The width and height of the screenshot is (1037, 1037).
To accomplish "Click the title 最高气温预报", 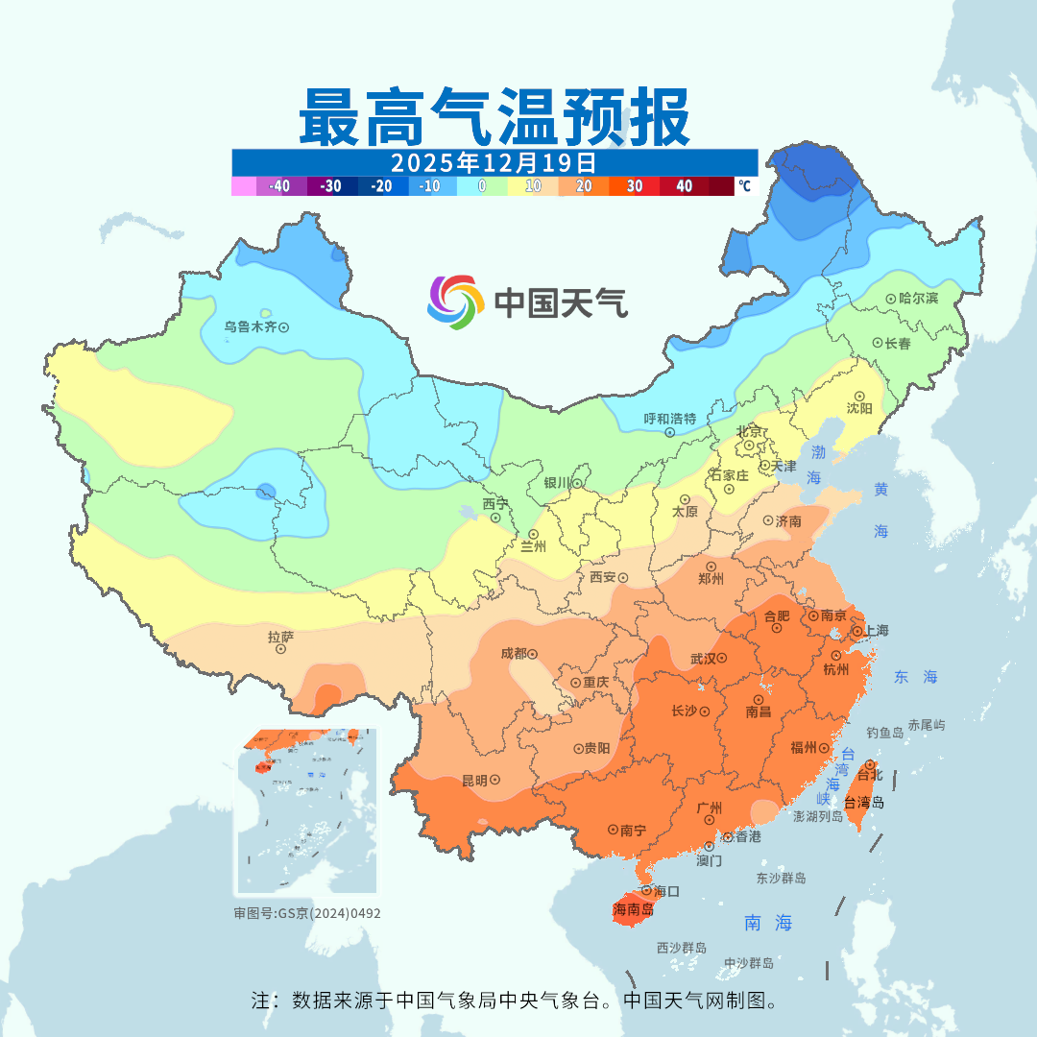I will [x=494, y=117].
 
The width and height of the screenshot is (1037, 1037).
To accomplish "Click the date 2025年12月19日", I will [x=494, y=161].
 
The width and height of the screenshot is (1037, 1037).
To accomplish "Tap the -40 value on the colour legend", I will [x=280, y=186].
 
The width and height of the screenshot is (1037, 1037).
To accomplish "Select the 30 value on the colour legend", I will [x=635, y=186].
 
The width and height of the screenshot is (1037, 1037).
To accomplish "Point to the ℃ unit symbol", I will [x=744, y=186].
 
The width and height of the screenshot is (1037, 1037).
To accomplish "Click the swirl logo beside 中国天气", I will [x=454, y=302].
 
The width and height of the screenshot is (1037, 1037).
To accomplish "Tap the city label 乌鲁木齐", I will [x=250, y=327].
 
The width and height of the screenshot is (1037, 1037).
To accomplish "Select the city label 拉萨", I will [x=280, y=636].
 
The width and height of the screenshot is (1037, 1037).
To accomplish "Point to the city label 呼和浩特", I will [x=669, y=419].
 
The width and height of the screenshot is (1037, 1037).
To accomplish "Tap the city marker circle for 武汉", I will [x=721, y=659].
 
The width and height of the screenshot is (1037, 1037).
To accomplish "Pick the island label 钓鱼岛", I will [x=884, y=733].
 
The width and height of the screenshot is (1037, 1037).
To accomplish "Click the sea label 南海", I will [x=769, y=923].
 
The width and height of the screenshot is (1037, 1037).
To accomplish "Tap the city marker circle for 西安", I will [x=622, y=578].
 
